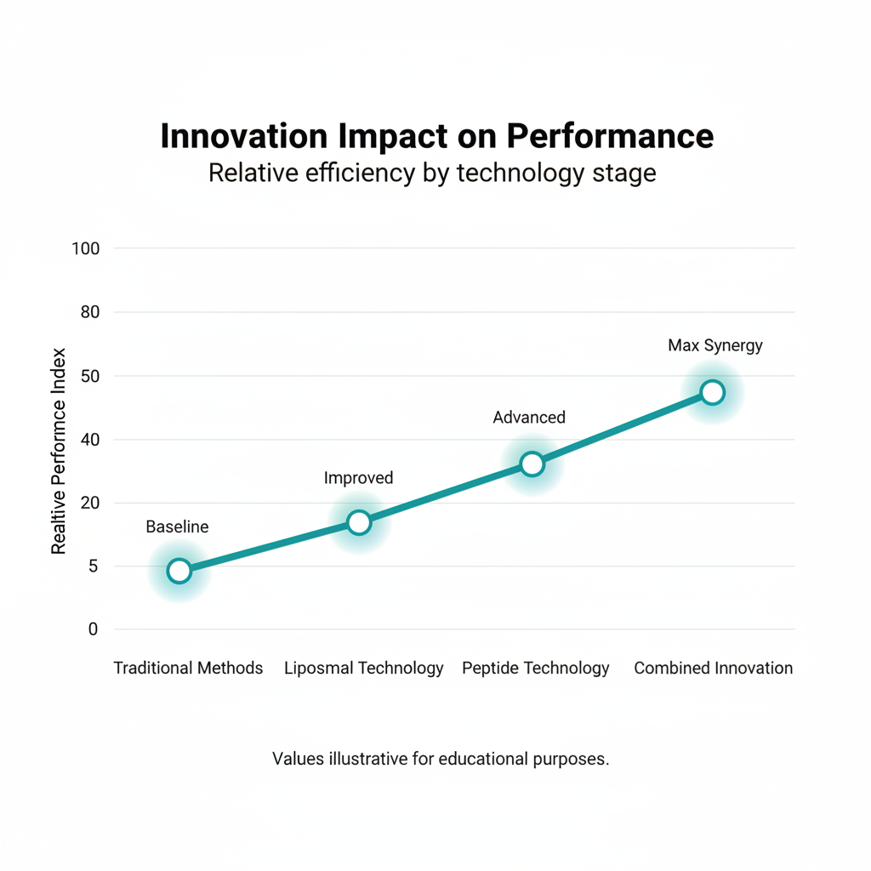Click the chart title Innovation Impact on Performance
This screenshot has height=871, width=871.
[436, 137]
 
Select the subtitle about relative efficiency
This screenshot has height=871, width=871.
[432, 174]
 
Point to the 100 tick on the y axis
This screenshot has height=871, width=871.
[86, 248]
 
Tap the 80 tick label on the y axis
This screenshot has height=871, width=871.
[89, 312]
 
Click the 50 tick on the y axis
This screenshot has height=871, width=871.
[89, 376]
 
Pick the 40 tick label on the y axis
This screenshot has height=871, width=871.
[89, 440]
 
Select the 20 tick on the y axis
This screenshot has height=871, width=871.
[89, 503]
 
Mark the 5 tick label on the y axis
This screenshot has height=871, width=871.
[94, 566]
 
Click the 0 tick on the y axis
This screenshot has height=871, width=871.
[94, 629]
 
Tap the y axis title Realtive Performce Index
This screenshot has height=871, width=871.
[58, 451]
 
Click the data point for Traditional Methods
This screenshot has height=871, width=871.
[179, 571]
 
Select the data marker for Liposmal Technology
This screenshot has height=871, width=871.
[359, 522]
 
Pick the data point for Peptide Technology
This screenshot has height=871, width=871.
[532, 464]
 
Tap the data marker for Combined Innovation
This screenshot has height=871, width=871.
[713, 392]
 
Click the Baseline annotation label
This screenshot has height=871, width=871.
[177, 527]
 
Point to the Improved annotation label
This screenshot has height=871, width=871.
[358, 478]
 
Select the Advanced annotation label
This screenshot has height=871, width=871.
[529, 418]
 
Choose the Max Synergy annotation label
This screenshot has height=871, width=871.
[715, 345]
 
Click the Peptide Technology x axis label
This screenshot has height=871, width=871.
[536, 669]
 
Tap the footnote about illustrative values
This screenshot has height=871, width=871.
[441, 759]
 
